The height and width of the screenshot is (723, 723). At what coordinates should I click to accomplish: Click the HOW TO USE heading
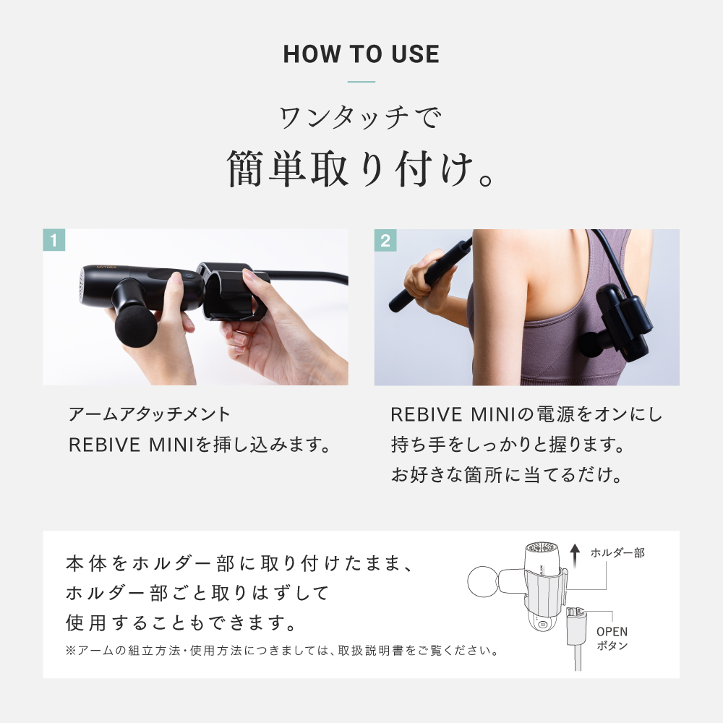(x=361, y=54)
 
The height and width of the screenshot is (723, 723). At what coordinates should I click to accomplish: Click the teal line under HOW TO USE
(x=361, y=82)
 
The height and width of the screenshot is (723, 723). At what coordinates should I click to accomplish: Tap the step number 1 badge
(x=54, y=240)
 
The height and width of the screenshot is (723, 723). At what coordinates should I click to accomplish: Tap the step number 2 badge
(x=385, y=240)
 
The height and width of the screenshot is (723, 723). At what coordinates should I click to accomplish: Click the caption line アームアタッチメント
(x=149, y=414)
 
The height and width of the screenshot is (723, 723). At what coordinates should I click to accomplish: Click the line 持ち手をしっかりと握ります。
(x=507, y=445)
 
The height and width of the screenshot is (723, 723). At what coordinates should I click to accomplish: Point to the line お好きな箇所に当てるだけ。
(x=507, y=476)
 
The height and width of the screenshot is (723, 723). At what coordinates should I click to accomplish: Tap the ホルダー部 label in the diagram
(x=617, y=553)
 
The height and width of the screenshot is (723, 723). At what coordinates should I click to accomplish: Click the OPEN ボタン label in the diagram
(x=612, y=638)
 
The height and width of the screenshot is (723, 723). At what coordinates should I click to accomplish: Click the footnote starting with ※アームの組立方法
(x=283, y=651)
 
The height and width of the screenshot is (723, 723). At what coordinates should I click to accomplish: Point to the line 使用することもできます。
(x=180, y=621)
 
